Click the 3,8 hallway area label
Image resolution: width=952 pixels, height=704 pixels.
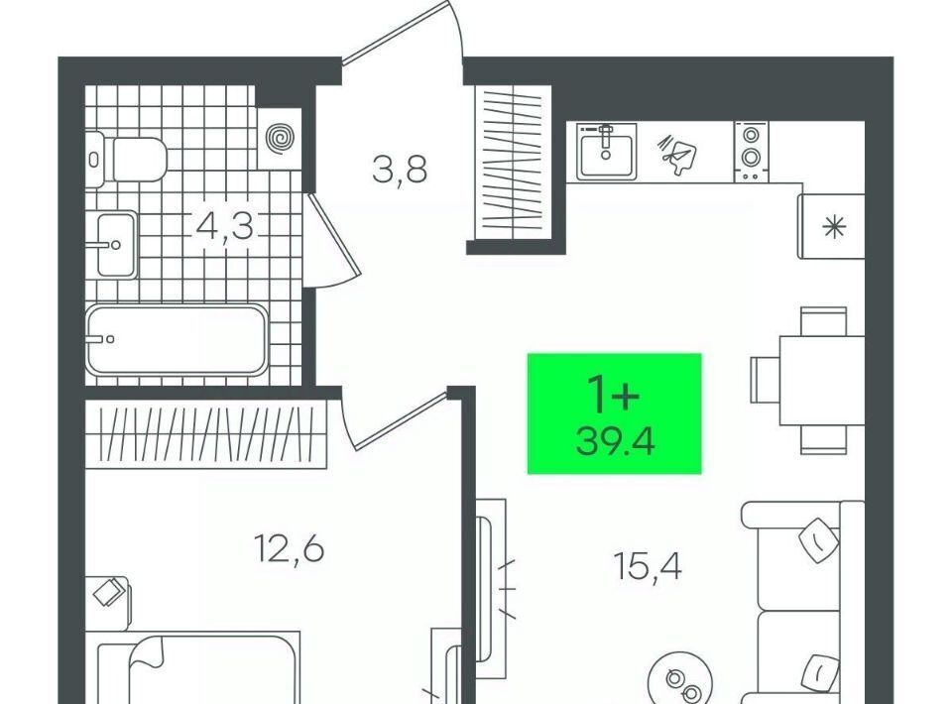tap(400, 170)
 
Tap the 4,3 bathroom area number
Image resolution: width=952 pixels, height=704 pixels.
tap(225, 226)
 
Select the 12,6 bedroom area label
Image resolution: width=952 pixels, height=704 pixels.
tap(289, 549)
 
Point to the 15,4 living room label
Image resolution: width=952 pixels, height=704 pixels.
tap(648, 566)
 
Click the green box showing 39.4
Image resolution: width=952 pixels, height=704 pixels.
tap(615, 412)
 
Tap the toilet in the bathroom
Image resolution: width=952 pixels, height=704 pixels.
tap(126, 160)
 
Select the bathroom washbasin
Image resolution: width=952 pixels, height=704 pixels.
tap(117, 245)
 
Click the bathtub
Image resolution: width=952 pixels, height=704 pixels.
tap(177, 339)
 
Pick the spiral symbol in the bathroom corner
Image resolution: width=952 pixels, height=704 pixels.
tap(280, 139)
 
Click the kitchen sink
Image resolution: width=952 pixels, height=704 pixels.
tap(606, 151)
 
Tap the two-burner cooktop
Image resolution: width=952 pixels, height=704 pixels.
tap(752, 151)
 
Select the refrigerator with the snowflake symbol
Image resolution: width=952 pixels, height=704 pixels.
tap(832, 226)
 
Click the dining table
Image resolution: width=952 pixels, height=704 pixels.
tap(822, 380)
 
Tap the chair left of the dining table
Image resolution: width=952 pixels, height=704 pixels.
tap(765, 380)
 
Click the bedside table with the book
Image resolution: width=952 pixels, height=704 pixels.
tap(107, 603)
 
